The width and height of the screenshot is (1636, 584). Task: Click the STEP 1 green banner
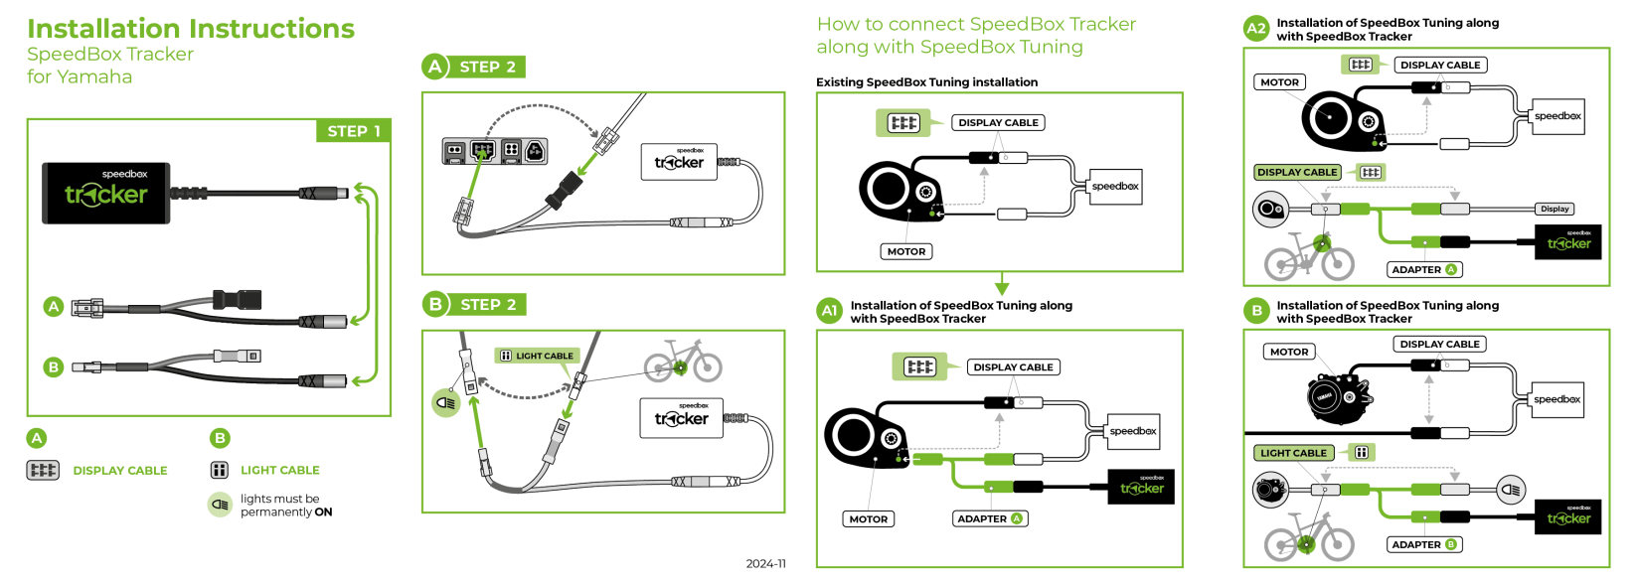point(354,131)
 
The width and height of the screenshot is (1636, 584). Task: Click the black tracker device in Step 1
point(106,193)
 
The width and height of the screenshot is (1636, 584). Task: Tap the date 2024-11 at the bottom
point(765,563)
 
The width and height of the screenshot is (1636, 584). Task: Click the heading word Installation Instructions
point(191,29)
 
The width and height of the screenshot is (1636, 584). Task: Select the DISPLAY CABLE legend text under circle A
point(120,471)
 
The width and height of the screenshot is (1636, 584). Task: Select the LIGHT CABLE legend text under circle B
point(279,471)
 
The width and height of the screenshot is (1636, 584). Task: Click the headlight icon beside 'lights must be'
point(220,505)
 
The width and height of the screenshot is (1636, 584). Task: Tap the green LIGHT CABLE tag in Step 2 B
point(537,356)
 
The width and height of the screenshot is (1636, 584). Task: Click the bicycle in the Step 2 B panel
point(683,362)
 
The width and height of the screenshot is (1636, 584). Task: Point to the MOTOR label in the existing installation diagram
point(905,251)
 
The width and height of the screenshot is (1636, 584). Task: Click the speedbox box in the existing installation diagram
point(1115,187)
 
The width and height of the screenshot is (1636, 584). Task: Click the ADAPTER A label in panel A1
point(990,518)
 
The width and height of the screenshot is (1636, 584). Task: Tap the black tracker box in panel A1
point(1141,487)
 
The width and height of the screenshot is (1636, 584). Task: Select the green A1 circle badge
point(829,311)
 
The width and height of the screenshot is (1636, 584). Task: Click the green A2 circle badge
point(1256,29)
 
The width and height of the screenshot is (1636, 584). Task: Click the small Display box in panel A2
point(1554,209)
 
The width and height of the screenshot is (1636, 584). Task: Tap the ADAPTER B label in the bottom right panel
point(1423,544)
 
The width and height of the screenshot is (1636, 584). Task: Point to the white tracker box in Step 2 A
point(679,161)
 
